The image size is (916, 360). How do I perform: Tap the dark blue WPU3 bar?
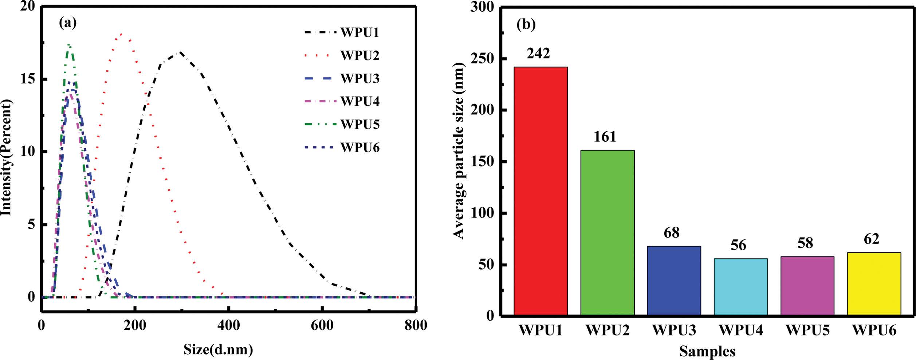click(x=674, y=280)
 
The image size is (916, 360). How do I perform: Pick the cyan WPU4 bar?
click(x=741, y=286)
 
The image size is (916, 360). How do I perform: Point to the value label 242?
click(x=538, y=54)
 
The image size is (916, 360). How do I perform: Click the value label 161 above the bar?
click(x=605, y=137)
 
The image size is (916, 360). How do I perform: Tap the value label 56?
click(x=738, y=245)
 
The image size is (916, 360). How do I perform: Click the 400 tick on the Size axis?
click(x=228, y=325)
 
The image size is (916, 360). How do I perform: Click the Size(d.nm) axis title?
click(x=218, y=349)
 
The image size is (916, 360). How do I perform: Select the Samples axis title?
click(x=707, y=351)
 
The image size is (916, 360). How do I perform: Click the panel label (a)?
click(x=68, y=23)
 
